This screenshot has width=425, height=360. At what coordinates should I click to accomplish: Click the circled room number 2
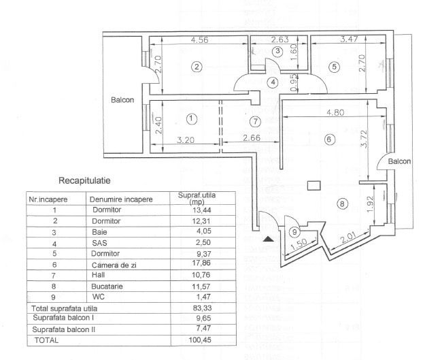click(x=197, y=67)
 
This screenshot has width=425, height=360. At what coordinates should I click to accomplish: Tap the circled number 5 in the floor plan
click(x=334, y=67)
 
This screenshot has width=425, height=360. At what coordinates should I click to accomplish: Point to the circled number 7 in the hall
click(x=255, y=122)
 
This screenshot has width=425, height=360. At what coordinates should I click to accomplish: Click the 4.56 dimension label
click(x=200, y=40)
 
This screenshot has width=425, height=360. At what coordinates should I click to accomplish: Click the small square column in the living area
click(x=313, y=184)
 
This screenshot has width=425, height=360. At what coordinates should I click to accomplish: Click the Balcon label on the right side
click(x=399, y=162)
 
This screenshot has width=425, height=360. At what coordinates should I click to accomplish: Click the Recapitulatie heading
click(x=85, y=181)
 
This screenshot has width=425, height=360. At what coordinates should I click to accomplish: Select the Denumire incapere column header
click(x=120, y=200)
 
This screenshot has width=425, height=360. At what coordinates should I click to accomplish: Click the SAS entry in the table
click(x=100, y=240)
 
